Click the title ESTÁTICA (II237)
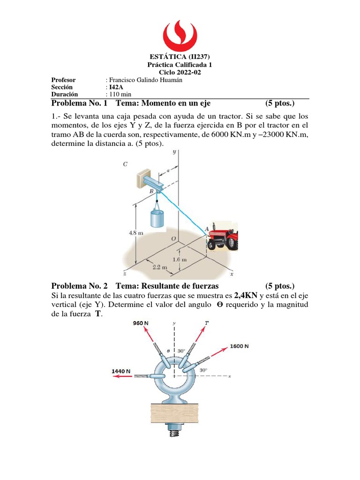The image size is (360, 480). (180, 57)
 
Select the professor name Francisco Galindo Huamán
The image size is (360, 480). (145, 80)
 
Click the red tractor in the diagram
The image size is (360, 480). (223, 236)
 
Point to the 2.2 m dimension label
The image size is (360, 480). (159, 267)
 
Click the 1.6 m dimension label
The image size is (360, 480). (179, 259)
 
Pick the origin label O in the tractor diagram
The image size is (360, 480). (173, 239)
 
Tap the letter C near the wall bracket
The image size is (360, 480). (125, 164)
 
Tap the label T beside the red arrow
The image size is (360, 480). (207, 322)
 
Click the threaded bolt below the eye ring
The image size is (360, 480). (174, 430)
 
